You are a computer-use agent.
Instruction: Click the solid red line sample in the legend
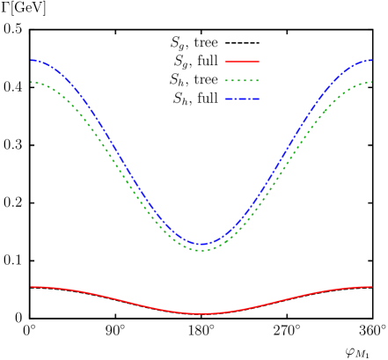tap(242, 62)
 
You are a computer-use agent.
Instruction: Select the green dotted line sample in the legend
tap(242, 80)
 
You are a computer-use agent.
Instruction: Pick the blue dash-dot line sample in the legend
tap(242, 99)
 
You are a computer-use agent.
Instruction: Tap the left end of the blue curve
tap(32, 60)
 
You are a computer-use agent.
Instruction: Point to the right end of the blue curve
tap(371, 60)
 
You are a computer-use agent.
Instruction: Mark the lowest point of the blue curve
tap(201, 244)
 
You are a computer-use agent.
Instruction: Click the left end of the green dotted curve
tap(32, 82)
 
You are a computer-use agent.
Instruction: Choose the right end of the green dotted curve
tap(371, 82)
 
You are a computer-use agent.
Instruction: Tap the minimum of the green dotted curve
tap(201, 251)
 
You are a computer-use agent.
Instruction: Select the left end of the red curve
tap(32, 287)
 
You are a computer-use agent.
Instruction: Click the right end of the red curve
tap(371, 287)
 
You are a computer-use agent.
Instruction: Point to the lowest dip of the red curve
tap(201, 313)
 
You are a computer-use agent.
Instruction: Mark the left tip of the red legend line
tap(225, 62)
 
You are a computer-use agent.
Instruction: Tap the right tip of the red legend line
tap(260, 62)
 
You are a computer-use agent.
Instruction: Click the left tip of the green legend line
tap(225, 80)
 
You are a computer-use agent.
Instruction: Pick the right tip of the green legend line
tap(260, 80)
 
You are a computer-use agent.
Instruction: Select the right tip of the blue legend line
tap(260, 99)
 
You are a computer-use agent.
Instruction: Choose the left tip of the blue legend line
tap(225, 99)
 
